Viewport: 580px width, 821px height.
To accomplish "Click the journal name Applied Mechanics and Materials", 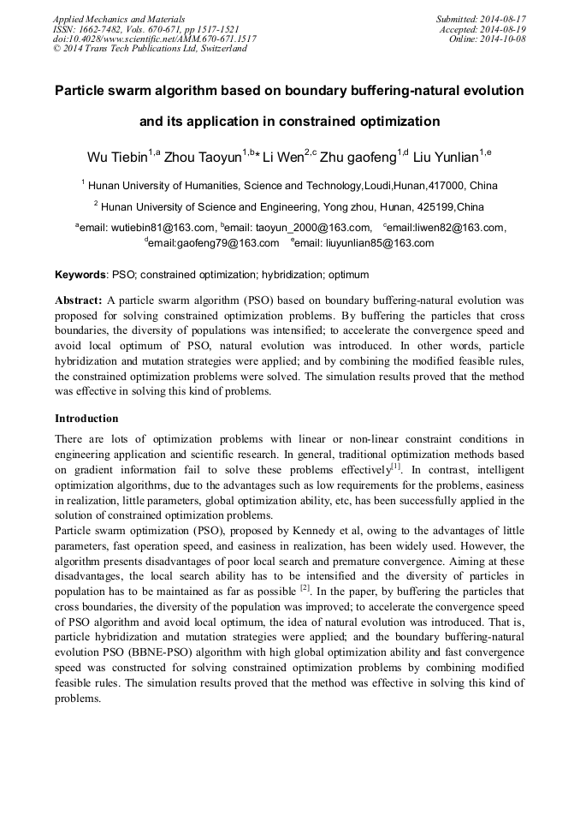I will (x=119, y=18).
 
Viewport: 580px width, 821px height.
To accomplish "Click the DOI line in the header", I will (x=154, y=39).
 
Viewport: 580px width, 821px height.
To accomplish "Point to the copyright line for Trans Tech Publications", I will (x=150, y=49).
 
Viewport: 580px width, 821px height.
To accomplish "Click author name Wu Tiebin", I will (x=117, y=158).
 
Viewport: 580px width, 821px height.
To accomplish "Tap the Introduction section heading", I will (x=86, y=419).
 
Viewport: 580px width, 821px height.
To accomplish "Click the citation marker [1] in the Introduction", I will (x=396, y=466).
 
